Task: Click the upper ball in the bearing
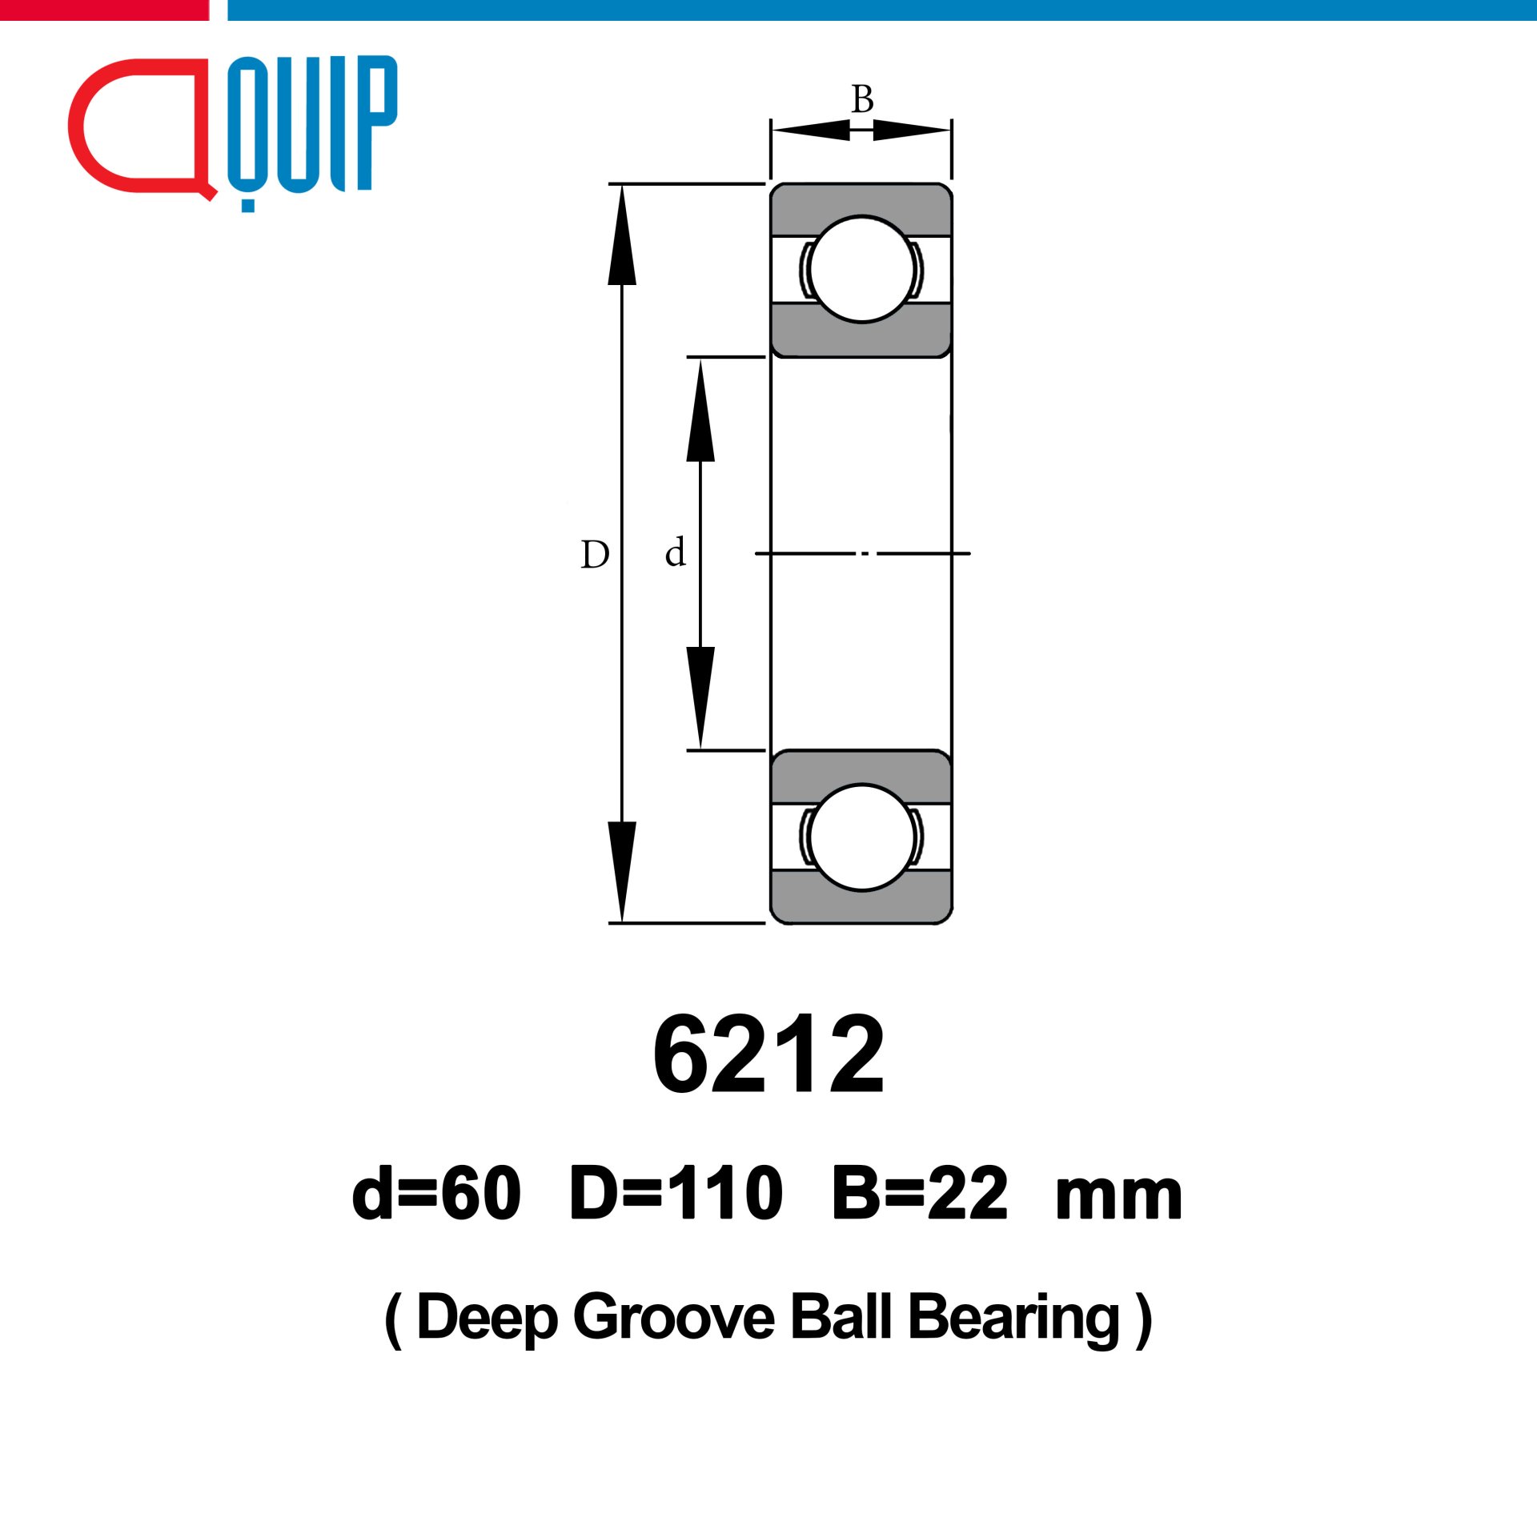(x=861, y=269)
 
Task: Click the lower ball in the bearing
(x=861, y=837)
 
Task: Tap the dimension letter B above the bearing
(x=862, y=99)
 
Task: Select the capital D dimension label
(x=595, y=554)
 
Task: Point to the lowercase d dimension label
(x=675, y=552)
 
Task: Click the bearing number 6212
(x=768, y=1054)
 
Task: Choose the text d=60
(x=436, y=1194)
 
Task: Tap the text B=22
(x=920, y=1194)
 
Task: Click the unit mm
(x=1118, y=1199)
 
